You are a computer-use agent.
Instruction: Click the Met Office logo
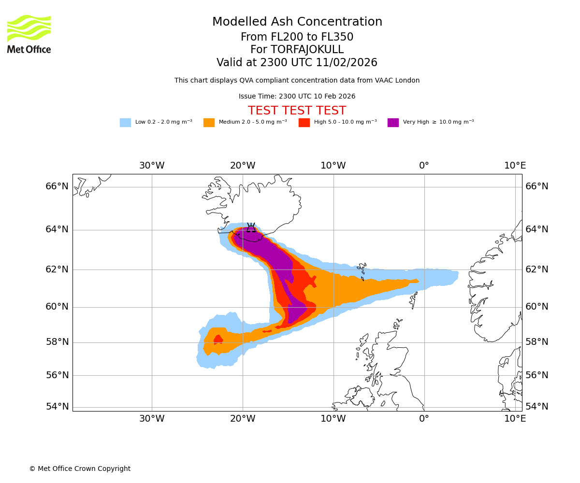click(29, 34)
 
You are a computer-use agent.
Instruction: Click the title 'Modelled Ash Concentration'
click(297, 22)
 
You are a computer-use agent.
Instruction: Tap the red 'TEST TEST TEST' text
click(297, 111)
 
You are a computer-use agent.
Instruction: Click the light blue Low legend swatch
click(125, 123)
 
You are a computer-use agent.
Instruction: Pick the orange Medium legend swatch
click(209, 123)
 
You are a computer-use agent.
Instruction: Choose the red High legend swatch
click(304, 123)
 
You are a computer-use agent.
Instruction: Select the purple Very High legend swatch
click(393, 123)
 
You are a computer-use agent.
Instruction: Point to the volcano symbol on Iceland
click(251, 227)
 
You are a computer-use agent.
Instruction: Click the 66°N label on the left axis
click(57, 186)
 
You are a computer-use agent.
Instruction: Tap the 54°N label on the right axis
click(537, 407)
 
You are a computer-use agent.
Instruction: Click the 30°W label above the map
click(152, 166)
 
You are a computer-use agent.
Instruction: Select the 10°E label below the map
click(515, 419)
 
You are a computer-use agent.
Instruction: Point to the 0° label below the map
click(424, 419)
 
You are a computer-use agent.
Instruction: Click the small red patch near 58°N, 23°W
click(218, 340)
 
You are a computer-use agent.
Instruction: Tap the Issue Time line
click(297, 97)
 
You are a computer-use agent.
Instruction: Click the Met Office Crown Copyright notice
click(80, 469)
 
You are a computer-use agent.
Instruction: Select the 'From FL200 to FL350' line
click(297, 37)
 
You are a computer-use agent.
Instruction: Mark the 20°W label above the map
click(243, 166)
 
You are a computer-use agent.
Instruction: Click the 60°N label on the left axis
click(57, 307)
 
